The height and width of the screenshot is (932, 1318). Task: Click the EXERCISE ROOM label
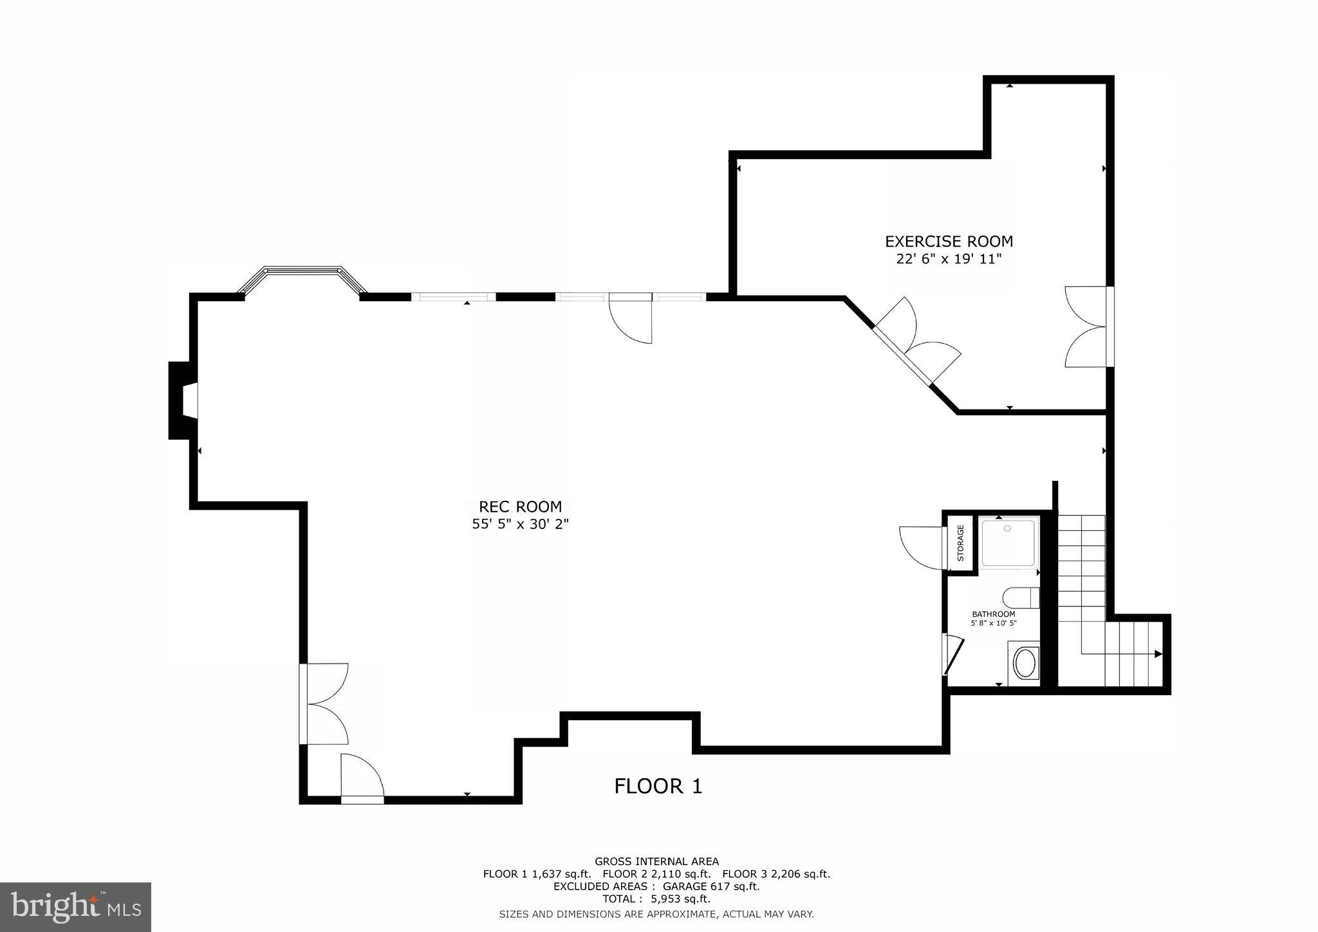coord(949,241)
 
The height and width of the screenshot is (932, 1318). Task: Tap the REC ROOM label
coord(521,507)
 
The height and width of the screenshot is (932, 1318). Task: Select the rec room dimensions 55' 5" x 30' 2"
coord(521,525)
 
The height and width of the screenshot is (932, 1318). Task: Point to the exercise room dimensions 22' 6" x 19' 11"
coord(949,259)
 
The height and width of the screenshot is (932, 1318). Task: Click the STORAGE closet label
coord(960,543)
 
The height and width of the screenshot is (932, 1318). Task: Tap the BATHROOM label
coord(993,614)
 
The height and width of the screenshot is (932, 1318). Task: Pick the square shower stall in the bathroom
coord(1008,543)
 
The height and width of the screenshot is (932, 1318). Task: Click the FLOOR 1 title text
coord(658,786)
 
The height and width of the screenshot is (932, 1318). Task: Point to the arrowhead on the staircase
coord(1158,654)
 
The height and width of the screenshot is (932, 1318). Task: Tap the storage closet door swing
coord(921,548)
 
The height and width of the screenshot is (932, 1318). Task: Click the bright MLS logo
coord(75,907)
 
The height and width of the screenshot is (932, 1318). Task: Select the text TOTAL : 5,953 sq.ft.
coord(656,899)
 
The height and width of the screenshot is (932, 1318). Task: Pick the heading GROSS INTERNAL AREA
coord(656,861)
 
